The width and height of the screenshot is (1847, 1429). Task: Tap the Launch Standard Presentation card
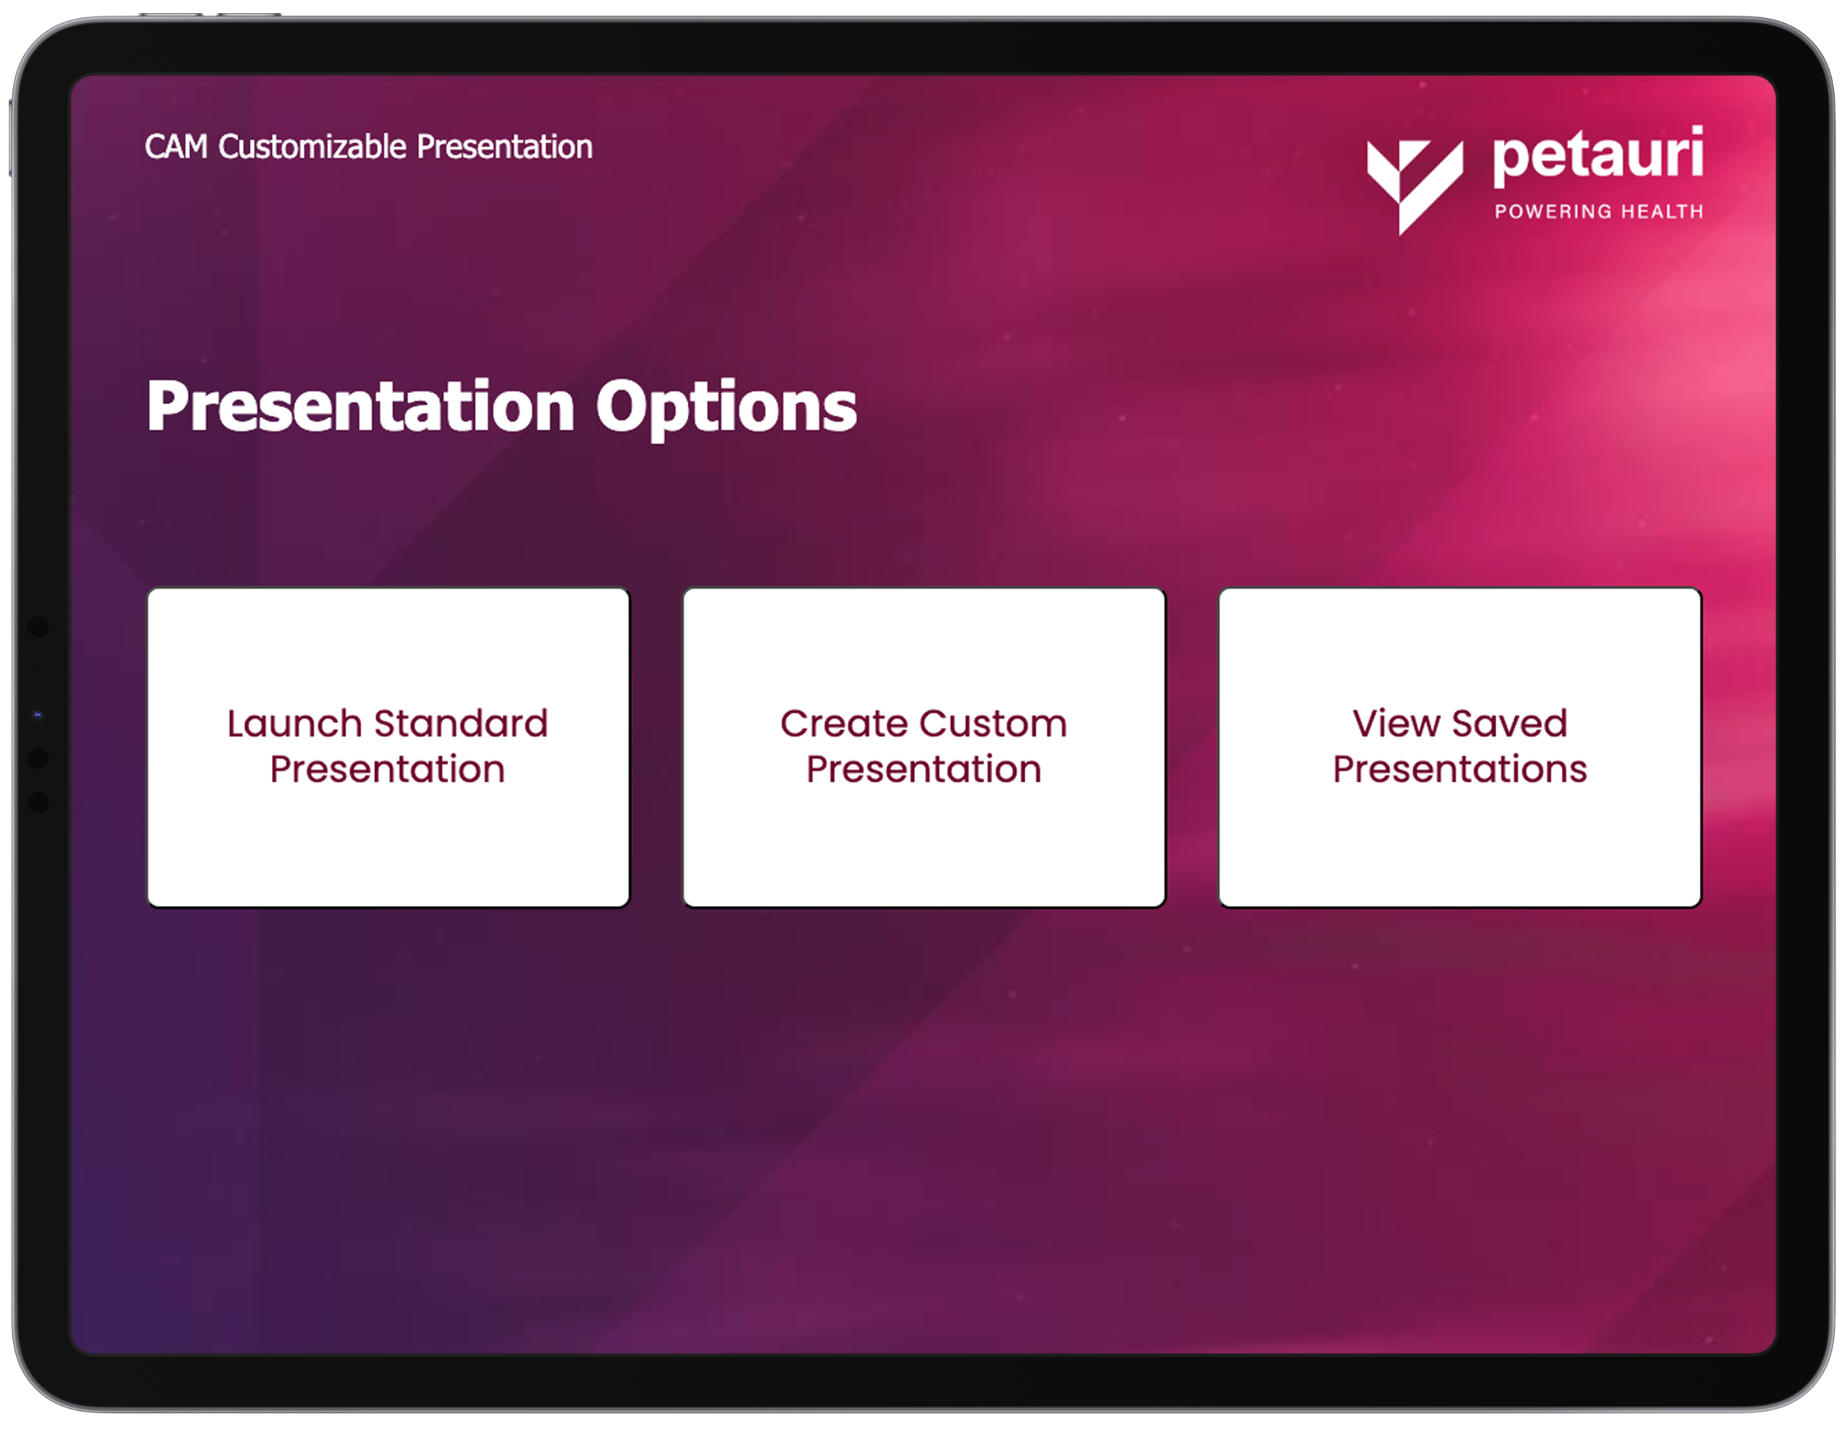tap(388, 747)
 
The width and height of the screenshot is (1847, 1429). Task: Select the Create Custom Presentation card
tap(924, 747)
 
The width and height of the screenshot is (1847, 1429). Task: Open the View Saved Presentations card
tap(1460, 747)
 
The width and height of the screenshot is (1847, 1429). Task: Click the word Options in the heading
tap(727, 408)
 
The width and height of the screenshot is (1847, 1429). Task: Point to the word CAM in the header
tap(176, 146)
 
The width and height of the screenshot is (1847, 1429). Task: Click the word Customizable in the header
tap(313, 147)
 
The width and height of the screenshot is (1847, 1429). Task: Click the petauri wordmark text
tap(1598, 156)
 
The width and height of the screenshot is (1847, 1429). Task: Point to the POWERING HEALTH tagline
tap(1598, 211)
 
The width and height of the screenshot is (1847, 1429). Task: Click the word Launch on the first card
tap(295, 724)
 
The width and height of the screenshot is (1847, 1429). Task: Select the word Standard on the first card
tap(461, 724)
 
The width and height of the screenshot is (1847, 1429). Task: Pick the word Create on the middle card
tap(844, 724)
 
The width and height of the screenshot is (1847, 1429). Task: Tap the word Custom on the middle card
tap(993, 724)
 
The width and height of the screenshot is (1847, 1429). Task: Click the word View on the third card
tap(1396, 724)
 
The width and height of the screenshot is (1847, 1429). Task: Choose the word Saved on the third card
tap(1509, 724)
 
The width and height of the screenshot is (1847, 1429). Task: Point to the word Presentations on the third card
tap(1460, 770)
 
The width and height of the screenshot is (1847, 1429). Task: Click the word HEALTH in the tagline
tap(1662, 211)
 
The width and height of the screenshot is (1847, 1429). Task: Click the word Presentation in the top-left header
tap(505, 147)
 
